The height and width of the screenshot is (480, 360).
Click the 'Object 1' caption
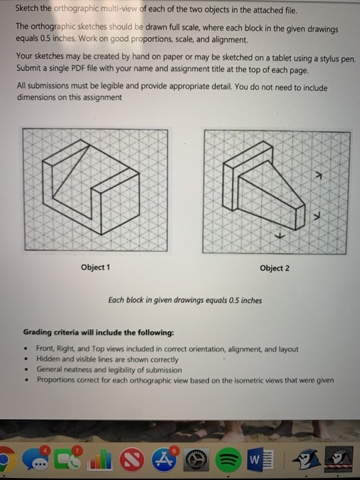point(95,267)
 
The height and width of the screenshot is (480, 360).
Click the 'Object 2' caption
point(274,267)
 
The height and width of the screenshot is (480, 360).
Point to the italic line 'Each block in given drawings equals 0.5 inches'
point(184,300)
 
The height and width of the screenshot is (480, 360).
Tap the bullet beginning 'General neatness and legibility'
point(108,369)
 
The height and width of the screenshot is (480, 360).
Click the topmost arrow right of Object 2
point(316,176)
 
